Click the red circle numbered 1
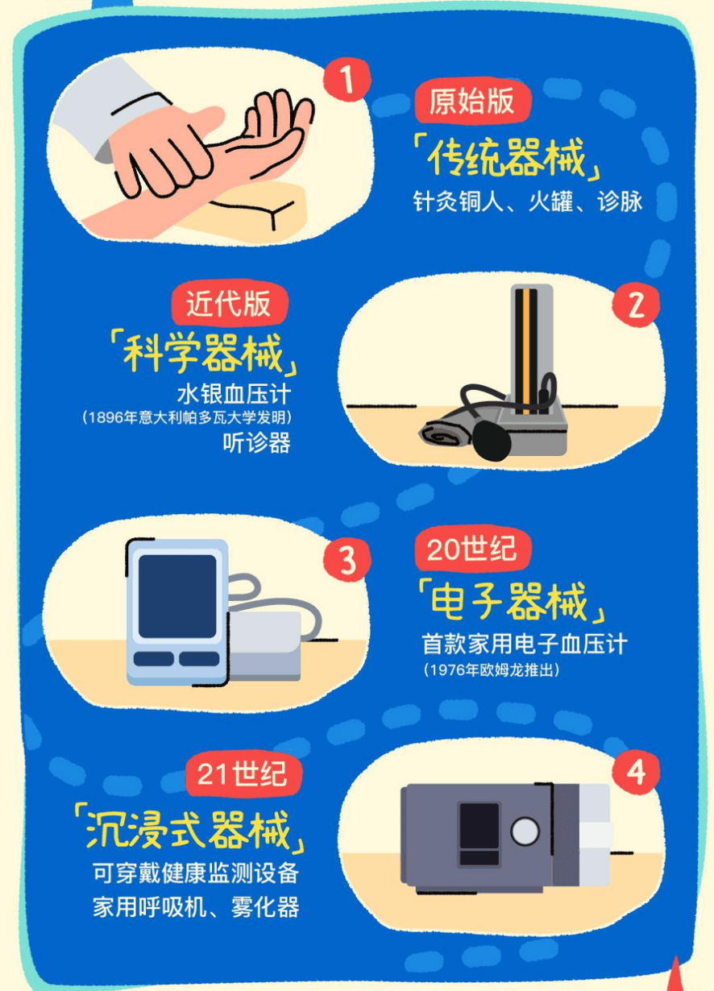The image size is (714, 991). (x=347, y=80)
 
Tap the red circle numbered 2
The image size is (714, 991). (x=636, y=305)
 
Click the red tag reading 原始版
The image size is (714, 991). (x=472, y=102)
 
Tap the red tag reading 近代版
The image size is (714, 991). (x=229, y=304)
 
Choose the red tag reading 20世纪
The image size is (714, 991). (x=472, y=549)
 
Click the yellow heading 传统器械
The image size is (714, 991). (x=507, y=156)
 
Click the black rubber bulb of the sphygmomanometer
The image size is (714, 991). (x=492, y=441)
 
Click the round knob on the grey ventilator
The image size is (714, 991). (x=525, y=831)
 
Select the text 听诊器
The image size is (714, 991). (x=256, y=442)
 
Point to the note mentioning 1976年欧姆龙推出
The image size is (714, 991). (x=492, y=670)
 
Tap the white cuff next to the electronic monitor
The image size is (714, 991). (x=264, y=645)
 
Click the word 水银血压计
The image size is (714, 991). (x=234, y=394)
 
